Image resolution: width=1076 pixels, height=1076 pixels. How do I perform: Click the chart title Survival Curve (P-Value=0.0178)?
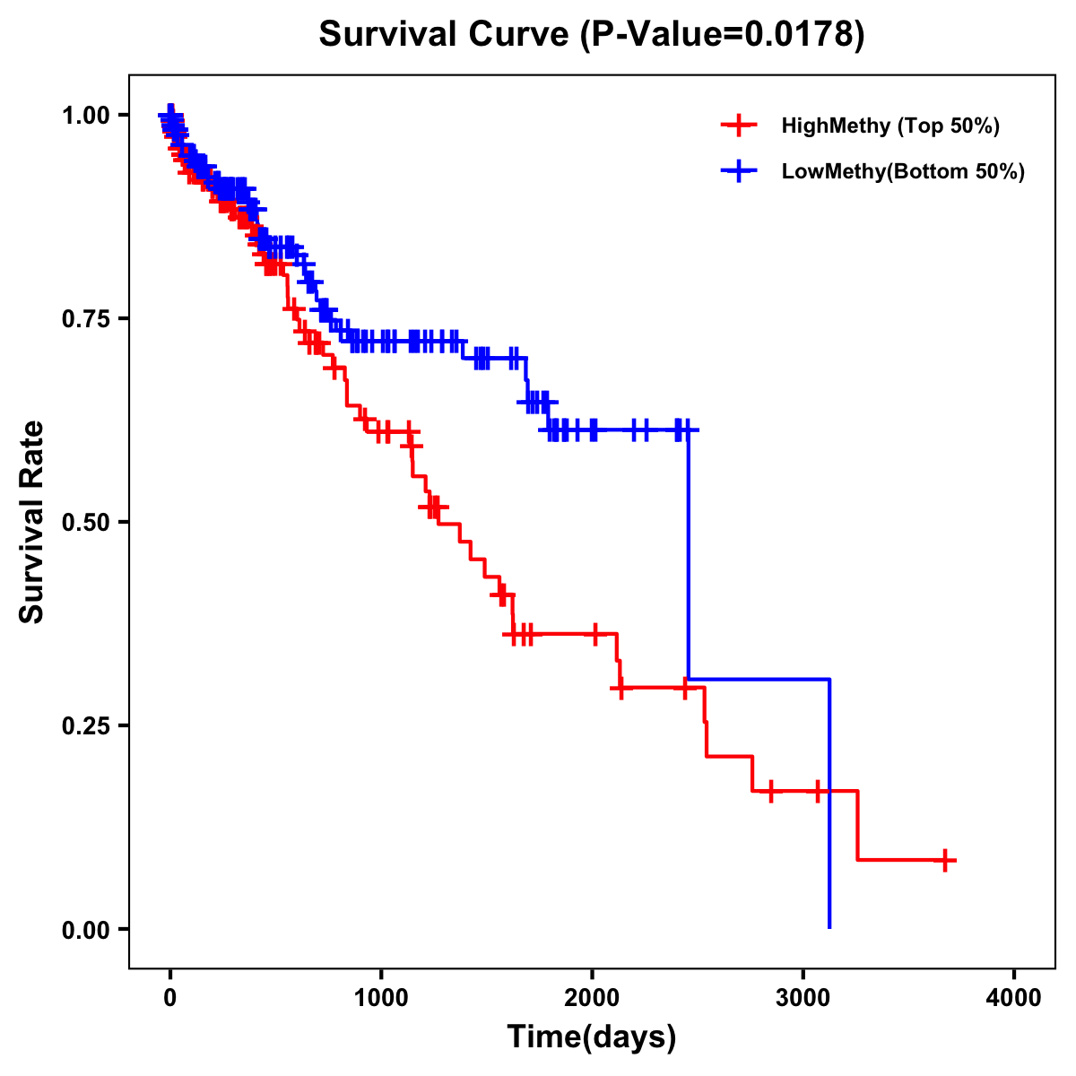(592, 35)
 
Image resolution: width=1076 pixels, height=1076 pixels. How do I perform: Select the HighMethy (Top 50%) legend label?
(889, 126)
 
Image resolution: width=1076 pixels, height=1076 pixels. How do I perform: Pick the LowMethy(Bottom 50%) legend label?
(902, 171)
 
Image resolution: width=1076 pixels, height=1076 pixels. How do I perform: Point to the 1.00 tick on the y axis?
(85, 116)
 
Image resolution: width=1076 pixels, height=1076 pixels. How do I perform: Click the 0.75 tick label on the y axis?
(85, 319)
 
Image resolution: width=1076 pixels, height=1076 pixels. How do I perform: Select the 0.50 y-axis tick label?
(85, 523)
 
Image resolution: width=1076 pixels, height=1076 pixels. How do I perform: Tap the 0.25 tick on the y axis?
(85, 726)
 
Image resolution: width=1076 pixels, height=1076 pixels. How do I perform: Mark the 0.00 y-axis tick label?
(85, 930)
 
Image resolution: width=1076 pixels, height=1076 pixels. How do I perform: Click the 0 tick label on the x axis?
(170, 997)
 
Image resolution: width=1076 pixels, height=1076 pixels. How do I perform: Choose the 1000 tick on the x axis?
(381, 997)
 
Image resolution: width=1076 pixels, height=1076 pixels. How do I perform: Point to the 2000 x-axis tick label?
(592, 997)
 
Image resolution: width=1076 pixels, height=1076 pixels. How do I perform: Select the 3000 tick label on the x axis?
(803, 997)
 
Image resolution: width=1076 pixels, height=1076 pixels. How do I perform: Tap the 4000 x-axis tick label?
(1014, 997)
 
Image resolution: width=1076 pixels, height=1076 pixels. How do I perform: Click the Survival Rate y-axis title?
(32, 522)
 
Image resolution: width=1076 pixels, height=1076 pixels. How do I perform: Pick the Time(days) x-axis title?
(592, 1037)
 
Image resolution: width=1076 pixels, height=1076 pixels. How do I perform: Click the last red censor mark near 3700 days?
(944, 860)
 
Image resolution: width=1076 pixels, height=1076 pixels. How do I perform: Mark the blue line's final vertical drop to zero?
(829, 807)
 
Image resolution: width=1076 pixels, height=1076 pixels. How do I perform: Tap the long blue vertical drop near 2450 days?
(689, 556)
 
